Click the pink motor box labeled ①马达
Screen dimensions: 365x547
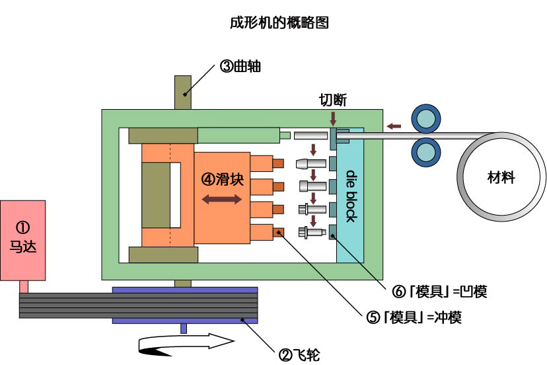click(x=22, y=239)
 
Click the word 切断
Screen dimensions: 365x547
click(x=332, y=100)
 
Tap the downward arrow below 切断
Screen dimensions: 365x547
click(x=332, y=118)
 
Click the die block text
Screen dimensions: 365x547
click(x=351, y=196)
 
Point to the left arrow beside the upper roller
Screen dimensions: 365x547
click(x=394, y=124)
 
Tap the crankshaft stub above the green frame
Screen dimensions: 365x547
click(x=183, y=93)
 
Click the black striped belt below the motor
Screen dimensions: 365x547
click(x=132, y=305)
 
